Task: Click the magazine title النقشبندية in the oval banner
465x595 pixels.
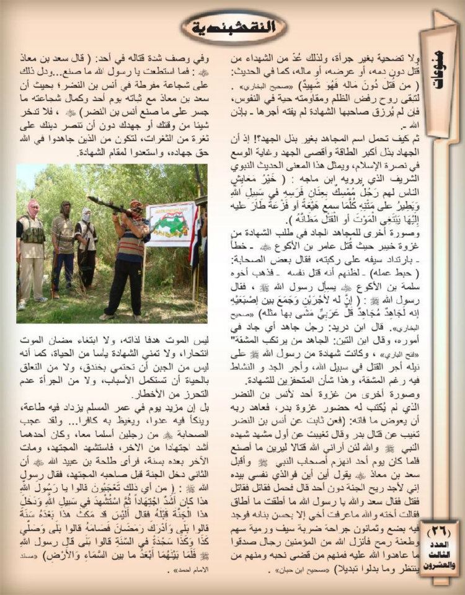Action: coord(233,27)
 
